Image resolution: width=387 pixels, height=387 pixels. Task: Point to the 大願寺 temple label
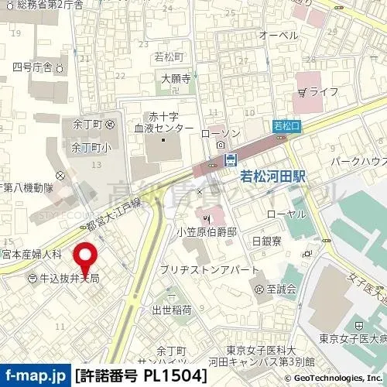[176, 77]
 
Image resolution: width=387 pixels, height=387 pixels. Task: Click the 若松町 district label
[168, 57]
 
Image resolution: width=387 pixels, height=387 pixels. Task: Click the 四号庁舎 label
[33, 67]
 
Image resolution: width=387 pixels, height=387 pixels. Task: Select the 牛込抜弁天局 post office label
[69, 278]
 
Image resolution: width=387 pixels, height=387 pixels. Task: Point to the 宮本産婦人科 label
[31, 253]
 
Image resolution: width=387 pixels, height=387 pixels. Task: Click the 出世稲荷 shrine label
[172, 310]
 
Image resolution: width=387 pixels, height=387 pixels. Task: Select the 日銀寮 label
[265, 241]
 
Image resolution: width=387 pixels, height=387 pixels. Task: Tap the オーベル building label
[279, 36]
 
